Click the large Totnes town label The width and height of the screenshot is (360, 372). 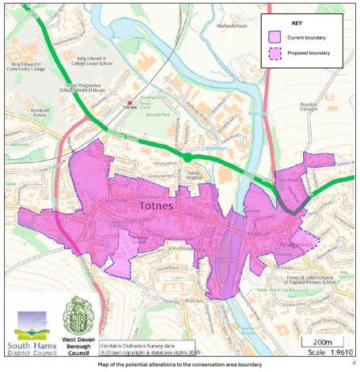[159, 204]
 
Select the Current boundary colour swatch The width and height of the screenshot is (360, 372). [275, 37]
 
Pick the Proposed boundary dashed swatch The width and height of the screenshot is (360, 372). [275, 54]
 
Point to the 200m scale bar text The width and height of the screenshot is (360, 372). [320, 339]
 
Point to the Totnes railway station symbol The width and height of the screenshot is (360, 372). [129, 103]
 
